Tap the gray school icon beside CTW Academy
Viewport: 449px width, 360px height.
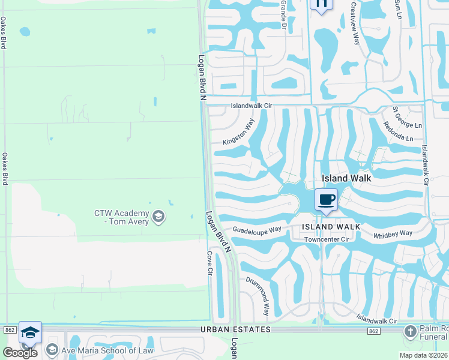(158, 216)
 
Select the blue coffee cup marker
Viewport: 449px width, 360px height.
(327, 200)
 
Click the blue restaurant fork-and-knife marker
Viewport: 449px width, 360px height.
(321, 4)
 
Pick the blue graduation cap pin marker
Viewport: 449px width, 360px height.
(30, 333)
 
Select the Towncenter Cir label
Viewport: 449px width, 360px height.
(327, 239)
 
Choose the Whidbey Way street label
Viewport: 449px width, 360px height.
(393, 233)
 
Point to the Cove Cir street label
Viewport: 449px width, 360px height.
(210, 263)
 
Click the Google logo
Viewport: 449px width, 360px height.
(20, 352)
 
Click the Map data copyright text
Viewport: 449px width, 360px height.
(424, 355)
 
